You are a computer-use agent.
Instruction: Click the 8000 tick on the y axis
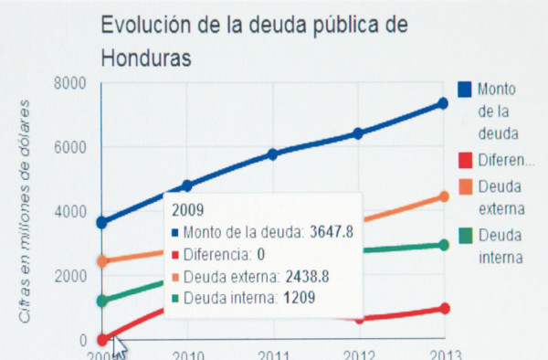click(x=68, y=83)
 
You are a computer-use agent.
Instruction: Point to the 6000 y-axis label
click(x=68, y=147)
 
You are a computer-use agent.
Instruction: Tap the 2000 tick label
click(x=68, y=276)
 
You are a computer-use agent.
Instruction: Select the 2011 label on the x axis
click(x=272, y=355)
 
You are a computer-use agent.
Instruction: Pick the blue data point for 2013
click(x=443, y=103)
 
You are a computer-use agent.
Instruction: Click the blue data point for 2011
click(x=272, y=154)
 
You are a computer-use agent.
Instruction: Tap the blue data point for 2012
click(x=358, y=133)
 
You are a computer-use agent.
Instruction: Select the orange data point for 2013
click(x=443, y=196)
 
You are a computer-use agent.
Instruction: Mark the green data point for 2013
click(x=443, y=245)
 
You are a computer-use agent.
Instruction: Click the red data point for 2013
click(x=443, y=309)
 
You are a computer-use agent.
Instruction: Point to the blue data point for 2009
click(x=101, y=222)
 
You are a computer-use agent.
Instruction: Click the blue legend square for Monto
click(x=464, y=89)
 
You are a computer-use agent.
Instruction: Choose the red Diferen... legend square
click(x=464, y=161)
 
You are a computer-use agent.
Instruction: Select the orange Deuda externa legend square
click(x=464, y=186)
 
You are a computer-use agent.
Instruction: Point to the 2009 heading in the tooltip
click(x=186, y=209)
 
